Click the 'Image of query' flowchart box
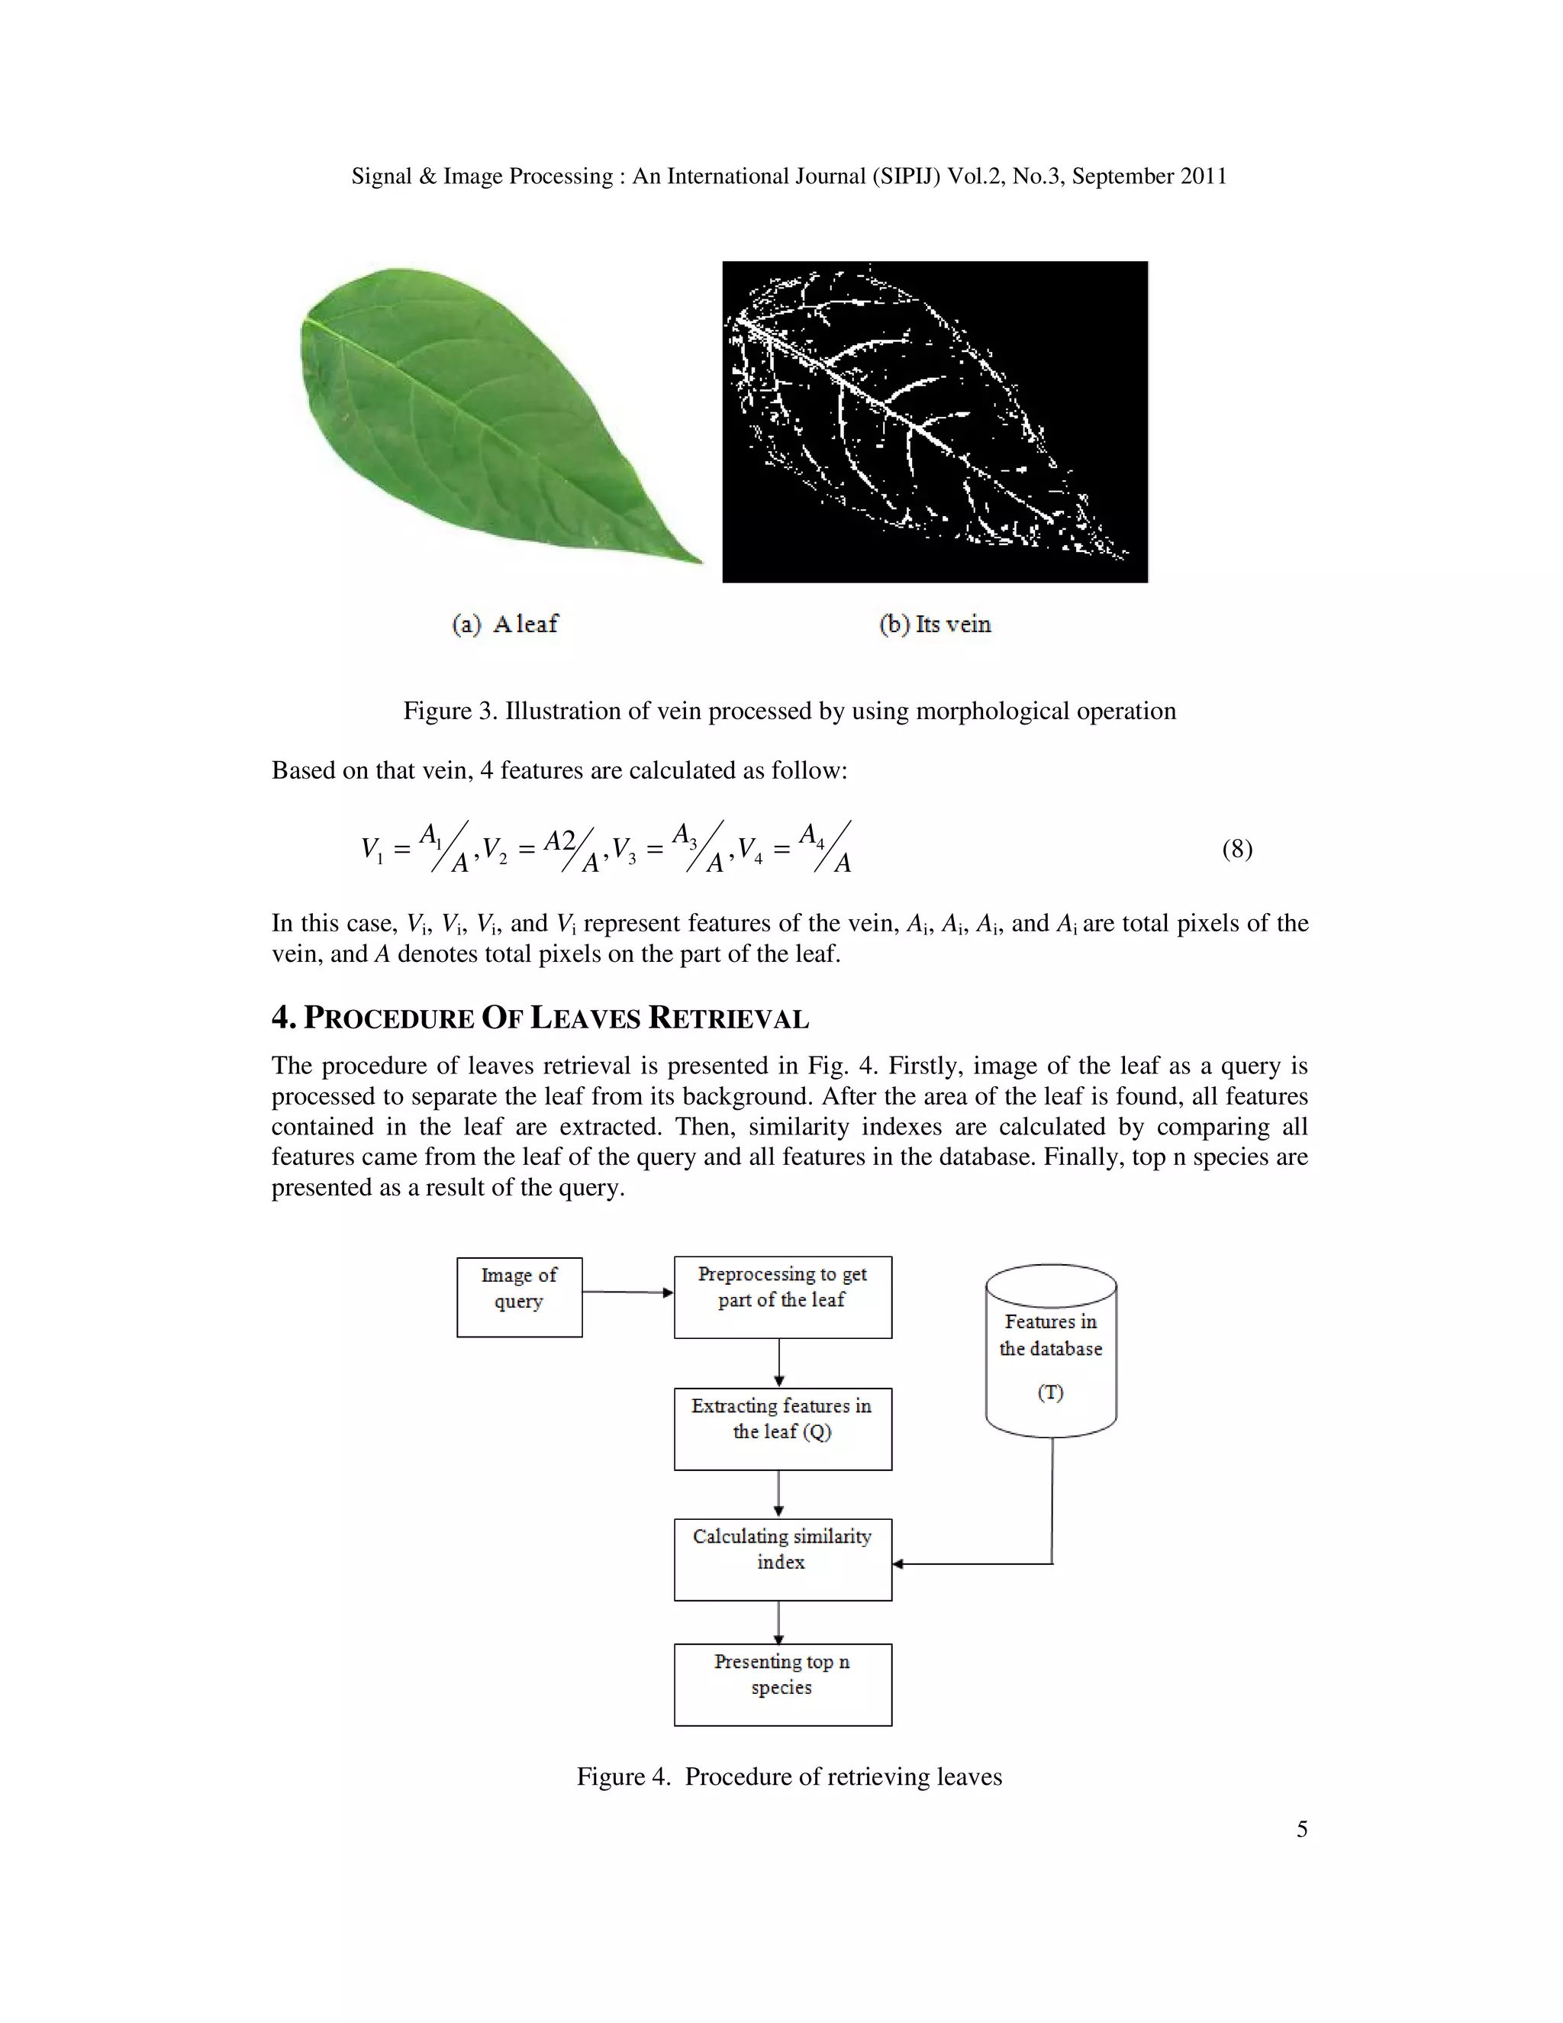(x=520, y=1297)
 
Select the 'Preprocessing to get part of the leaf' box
(x=782, y=1297)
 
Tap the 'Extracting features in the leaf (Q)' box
(x=782, y=1428)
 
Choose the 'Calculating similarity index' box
(x=782, y=1559)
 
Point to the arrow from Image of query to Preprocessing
(x=628, y=1292)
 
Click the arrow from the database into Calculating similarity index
(x=972, y=1563)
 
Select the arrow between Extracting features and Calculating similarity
(x=778, y=1494)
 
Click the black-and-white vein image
(x=934, y=421)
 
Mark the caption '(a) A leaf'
(x=505, y=624)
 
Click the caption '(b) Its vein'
(x=934, y=624)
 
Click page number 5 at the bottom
(x=1302, y=1829)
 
